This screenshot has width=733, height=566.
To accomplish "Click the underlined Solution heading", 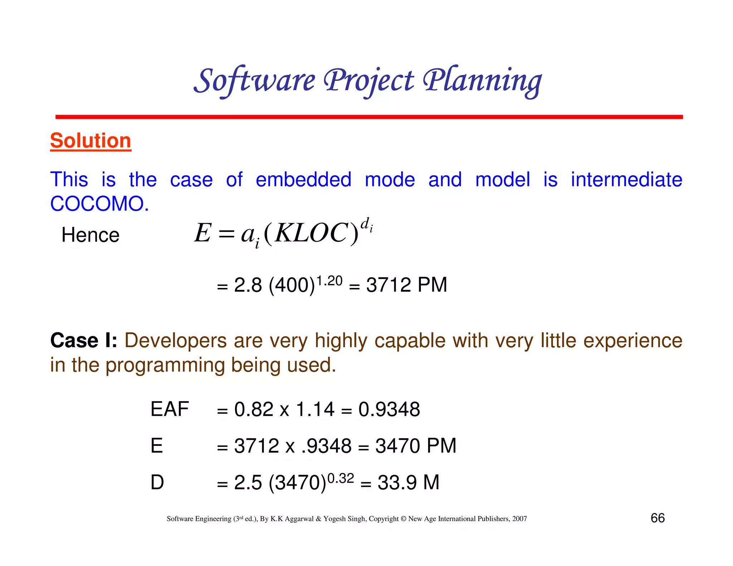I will [x=91, y=141].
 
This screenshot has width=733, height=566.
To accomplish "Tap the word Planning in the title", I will [x=482, y=81].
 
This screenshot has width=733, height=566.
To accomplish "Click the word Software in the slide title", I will [x=254, y=81].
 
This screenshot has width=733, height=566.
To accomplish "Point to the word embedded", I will [x=304, y=180].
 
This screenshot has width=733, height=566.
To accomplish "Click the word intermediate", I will [x=626, y=180].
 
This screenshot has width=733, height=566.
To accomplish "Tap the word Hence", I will [x=90, y=235].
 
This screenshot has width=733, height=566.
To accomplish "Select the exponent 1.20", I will [x=330, y=281].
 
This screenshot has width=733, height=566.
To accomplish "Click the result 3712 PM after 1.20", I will [x=407, y=285].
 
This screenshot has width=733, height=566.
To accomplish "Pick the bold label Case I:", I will [x=84, y=340].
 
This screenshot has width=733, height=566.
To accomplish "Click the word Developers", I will [x=175, y=340].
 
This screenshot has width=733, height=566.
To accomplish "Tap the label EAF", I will [x=169, y=409].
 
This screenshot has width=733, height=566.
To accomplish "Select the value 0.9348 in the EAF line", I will [x=389, y=409].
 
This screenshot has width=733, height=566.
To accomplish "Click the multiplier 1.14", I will [x=315, y=409].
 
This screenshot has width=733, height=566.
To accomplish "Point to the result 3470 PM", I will [x=416, y=446].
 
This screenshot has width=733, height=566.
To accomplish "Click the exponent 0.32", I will [x=340, y=478].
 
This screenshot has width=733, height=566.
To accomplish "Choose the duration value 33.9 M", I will [x=408, y=482].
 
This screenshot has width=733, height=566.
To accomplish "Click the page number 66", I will [x=657, y=518].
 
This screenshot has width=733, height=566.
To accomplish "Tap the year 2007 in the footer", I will [x=519, y=519].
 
